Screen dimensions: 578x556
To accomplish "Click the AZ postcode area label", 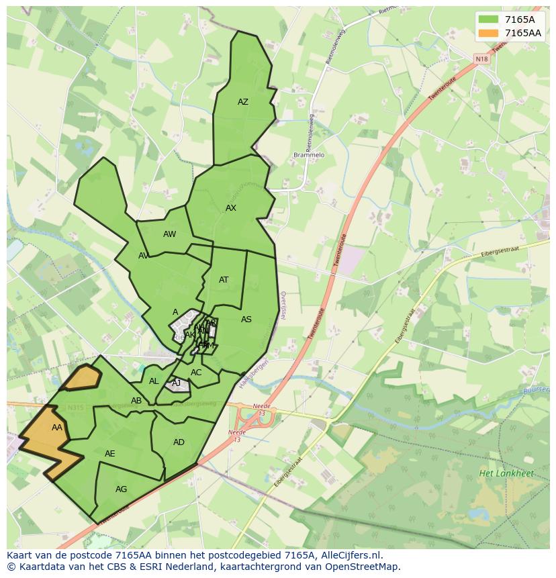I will [x=243, y=102].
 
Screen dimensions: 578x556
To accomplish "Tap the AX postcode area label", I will [x=231, y=208].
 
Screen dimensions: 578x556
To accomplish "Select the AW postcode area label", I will [x=169, y=234].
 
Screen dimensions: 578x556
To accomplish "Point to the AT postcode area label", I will [x=224, y=280].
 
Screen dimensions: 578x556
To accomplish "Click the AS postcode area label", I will [x=246, y=320].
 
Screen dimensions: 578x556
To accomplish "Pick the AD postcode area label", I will [x=179, y=442].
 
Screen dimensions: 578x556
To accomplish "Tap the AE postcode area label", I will [x=110, y=454].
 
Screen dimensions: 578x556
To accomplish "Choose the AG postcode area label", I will [x=121, y=489].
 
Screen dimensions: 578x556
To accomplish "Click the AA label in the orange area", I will [x=57, y=428].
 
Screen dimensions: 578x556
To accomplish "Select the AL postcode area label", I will [x=154, y=381].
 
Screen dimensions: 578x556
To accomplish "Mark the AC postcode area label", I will [x=196, y=373].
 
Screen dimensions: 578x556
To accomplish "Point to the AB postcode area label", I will [x=136, y=401].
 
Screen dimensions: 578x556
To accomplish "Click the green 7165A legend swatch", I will [x=489, y=19].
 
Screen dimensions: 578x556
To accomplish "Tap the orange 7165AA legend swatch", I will [x=489, y=33].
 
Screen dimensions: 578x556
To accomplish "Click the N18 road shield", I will [x=482, y=59].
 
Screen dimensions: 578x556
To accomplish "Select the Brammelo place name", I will [x=309, y=155].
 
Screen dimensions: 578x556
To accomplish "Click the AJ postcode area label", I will [x=177, y=383].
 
